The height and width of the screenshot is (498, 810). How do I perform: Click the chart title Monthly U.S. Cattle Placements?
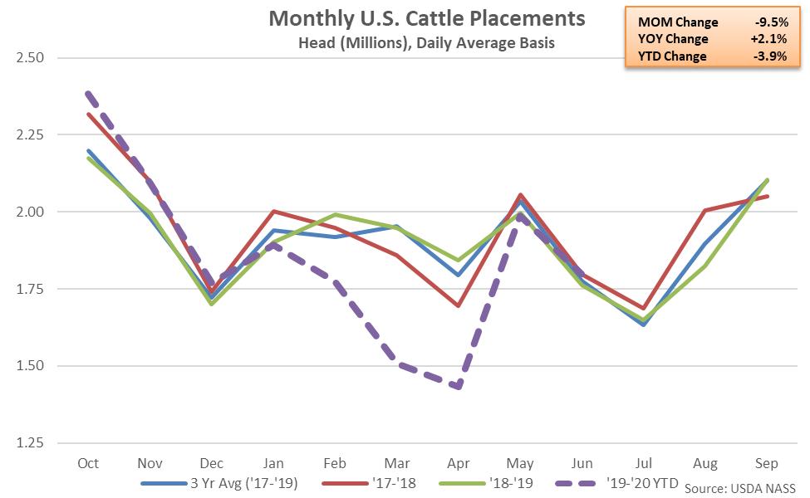pyautogui.click(x=426, y=19)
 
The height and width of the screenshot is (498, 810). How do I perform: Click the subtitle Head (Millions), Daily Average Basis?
pyautogui.click(x=426, y=43)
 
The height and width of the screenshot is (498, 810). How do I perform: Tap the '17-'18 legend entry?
pyautogui.click(x=383, y=482)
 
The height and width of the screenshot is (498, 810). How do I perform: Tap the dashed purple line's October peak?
pyautogui.click(x=86, y=93)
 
